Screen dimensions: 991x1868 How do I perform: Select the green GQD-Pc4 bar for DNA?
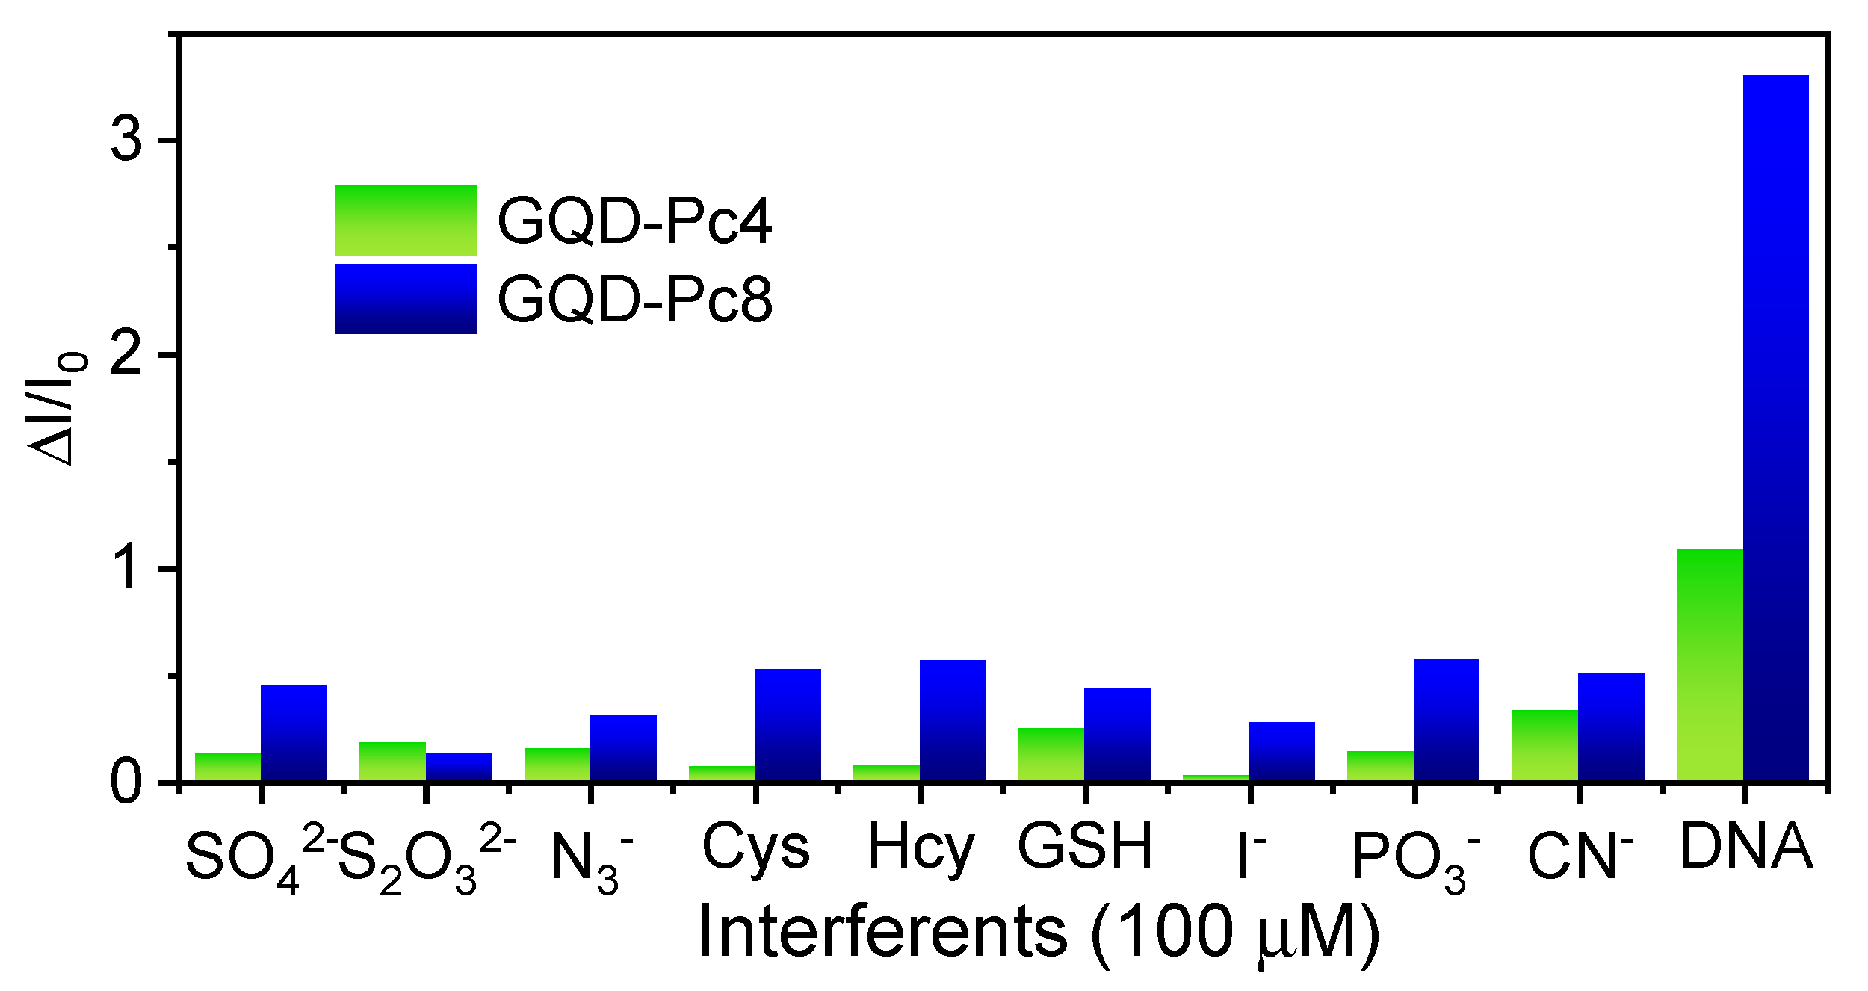click(1710, 665)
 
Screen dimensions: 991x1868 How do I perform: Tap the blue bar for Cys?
click(788, 725)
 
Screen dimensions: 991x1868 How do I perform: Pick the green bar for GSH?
click(1051, 754)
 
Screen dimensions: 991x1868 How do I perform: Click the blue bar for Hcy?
click(952, 720)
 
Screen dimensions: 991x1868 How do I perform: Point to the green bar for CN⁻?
click(1544, 745)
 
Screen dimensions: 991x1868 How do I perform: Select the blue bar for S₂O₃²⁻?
click(459, 767)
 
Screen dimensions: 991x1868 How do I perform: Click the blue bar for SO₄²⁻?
click(294, 733)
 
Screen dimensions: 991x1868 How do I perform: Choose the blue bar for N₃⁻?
click(623, 748)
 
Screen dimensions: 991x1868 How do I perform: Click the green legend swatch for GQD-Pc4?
click(406, 220)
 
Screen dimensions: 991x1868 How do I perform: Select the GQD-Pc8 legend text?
click(634, 300)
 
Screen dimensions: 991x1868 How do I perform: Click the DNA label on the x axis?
click(1745, 847)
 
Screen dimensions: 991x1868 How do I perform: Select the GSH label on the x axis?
click(1085, 847)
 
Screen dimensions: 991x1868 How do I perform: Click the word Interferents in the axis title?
click(882, 932)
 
